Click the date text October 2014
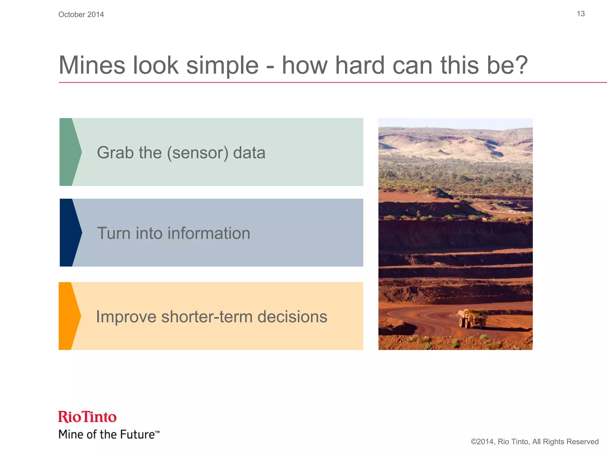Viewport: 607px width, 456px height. [81, 15]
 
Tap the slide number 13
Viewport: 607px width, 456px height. [581, 14]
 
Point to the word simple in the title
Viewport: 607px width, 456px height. [222, 66]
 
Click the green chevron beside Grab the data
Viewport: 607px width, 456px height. [70, 152]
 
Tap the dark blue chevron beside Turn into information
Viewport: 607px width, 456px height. [70, 233]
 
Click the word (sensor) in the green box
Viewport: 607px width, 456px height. [198, 153]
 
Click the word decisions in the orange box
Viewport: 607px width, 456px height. [292, 317]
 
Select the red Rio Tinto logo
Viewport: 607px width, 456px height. [87, 417]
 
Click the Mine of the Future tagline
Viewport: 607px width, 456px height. [107, 434]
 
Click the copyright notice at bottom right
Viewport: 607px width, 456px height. [534, 442]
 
